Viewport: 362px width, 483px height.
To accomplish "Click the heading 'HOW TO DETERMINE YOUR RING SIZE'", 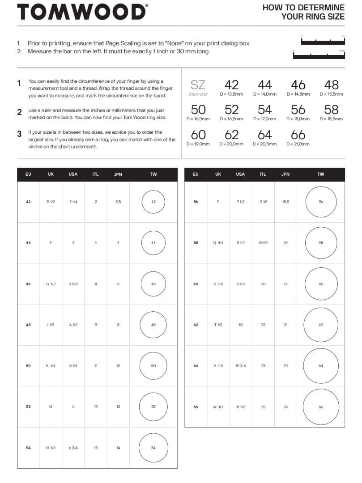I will [303, 12].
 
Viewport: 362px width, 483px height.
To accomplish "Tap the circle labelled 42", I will [153, 202].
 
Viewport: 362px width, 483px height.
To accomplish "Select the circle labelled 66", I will [321, 407].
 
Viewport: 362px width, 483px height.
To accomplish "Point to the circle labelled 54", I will [153, 448].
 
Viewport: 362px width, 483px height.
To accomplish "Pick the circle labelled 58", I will [321, 243].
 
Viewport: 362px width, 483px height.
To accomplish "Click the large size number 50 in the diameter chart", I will [198, 110].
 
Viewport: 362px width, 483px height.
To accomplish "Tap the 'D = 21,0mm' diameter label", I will [298, 144].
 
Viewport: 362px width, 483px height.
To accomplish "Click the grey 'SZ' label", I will [198, 85].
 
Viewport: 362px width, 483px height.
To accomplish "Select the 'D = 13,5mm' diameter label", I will [231, 94].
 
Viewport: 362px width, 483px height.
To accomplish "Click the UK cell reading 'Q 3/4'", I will [218, 243].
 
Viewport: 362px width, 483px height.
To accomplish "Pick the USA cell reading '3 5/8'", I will [73, 284].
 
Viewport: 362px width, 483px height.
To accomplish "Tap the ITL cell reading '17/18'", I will [263, 202].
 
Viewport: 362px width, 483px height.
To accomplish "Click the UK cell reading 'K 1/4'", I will [51, 366].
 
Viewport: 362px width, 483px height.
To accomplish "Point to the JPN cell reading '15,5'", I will [285, 202].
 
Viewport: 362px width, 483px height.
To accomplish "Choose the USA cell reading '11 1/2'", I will [241, 407].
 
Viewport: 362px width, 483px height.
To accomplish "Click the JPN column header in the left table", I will [118, 174].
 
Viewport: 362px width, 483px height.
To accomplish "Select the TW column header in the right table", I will [321, 174].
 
